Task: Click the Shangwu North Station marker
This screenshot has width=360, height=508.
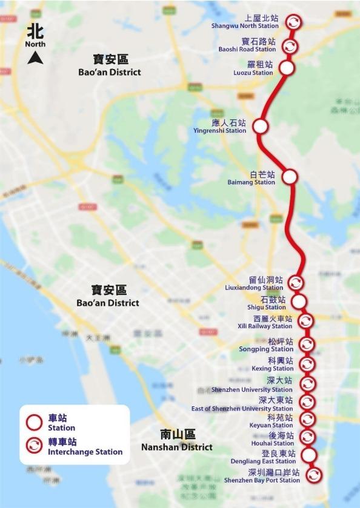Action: [293, 22]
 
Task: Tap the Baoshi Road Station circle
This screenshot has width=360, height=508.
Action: [292, 46]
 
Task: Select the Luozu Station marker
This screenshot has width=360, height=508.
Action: [286, 67]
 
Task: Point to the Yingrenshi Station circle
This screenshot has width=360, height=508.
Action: [260, 126]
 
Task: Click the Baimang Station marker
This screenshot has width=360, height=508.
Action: [290, 177]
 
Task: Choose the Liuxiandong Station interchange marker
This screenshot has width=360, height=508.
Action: [295, 283]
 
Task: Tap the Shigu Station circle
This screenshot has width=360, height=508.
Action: [298, 302]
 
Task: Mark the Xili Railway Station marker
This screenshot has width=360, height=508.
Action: [306, 321]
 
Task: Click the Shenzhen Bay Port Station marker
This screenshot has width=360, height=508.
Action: [313, 475]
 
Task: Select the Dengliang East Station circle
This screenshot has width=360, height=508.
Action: [309, 455]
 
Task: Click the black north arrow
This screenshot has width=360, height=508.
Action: [36, 58]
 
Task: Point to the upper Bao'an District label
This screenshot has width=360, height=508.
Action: [110, 66]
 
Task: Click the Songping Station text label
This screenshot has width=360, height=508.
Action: [274, 345]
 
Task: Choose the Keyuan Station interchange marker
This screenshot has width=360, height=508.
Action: [308, 420]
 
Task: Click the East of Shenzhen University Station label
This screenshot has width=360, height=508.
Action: [242, 404]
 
